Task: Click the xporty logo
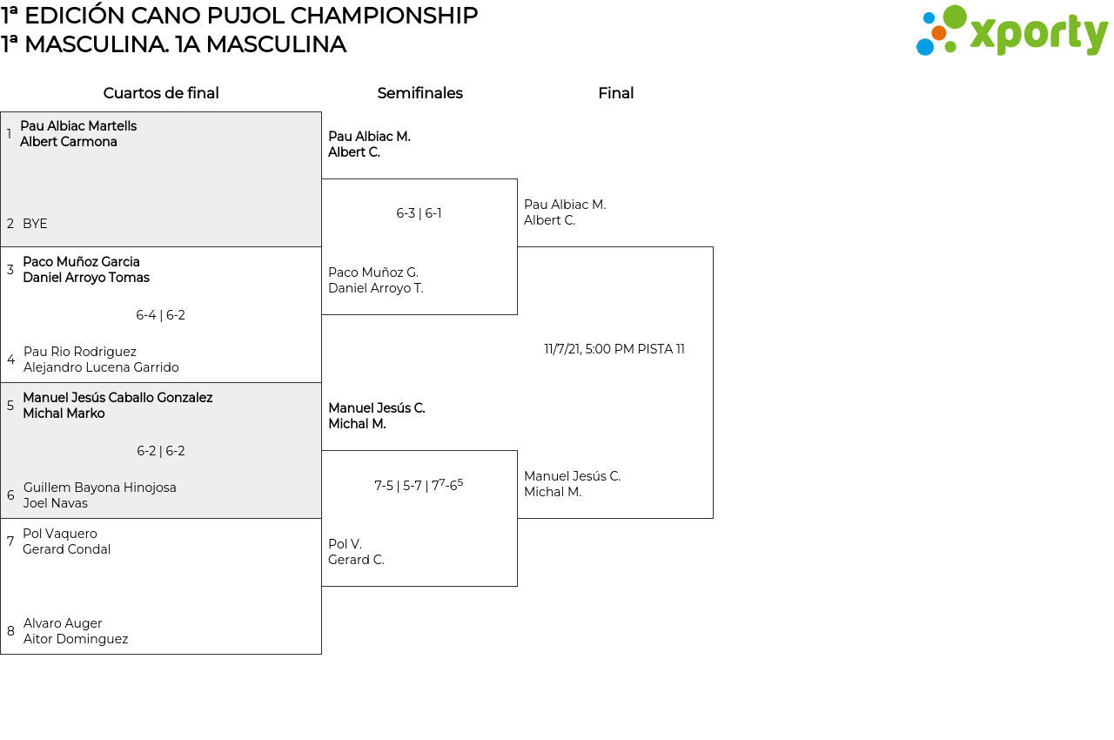pyautogui.click(x=1011, y=30)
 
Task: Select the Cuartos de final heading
pyautogui.click(x=161, y=93)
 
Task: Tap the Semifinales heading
pyautogui.click(x=419, y=93)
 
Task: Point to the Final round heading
pyautogui.click(x=615, y=93)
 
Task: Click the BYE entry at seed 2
pyautogui.click(x=35, y=224)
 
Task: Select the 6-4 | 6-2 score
pyautogui.click(x=161, y=315)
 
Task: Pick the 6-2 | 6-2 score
pyautogui.click(x=161, y=451)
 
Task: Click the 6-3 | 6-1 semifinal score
pyautogui.click(x=419, y=213)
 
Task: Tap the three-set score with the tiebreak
pyautogui.click(x=419, y=485)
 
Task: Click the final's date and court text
pyautogui.click(x=614, y=349)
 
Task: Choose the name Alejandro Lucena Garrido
pyautogui.click(x=101, y=367)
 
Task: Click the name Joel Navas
pyautogui.click(x=55, y=503)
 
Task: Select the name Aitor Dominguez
pyautogui.click(x=76, y=639)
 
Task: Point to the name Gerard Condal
pyautogui.click(x=67, y=549)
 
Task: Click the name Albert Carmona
pyautogui.click(x=69, y=142)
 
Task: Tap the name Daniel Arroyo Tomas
pyautogui.click(x=86, y=278)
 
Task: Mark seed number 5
pyautogui.click(x=10, y=406)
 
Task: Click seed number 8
pyautogui.click(x=10, y=631)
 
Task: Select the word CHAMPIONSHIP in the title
pyautogui.click(x=384, y=16)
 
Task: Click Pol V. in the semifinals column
pyautogui.click(x=345, y=544)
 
